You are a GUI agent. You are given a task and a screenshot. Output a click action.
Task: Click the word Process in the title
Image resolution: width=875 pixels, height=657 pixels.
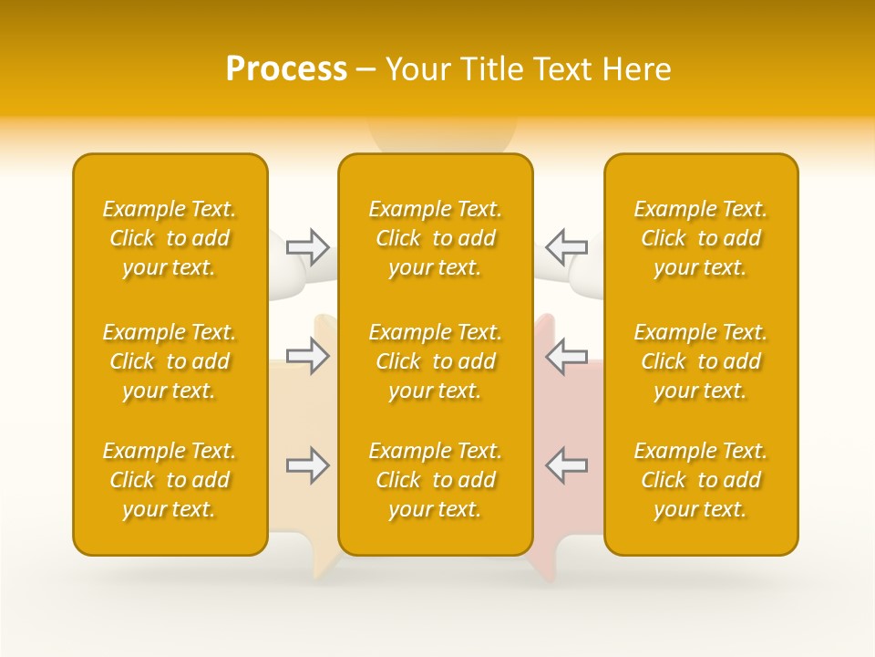(x=286, y=69)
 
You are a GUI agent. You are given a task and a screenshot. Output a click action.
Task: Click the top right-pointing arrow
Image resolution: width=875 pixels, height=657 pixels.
(x=307, y=246)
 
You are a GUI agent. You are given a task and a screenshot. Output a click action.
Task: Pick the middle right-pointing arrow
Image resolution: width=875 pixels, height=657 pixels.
(x=307, y=356)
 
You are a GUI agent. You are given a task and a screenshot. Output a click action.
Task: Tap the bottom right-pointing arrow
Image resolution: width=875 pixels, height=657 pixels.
(x=307, y=465)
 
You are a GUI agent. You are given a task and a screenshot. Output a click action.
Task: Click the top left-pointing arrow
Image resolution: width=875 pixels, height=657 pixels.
(x=566, y=246)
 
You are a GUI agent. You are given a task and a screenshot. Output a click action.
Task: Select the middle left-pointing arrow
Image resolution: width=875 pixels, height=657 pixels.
(x=566, y=356)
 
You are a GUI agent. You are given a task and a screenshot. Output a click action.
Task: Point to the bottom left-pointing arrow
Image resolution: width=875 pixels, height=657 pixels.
(x=566, y=465)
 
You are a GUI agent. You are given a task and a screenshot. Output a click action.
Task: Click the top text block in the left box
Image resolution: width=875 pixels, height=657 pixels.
(x=170, y=238)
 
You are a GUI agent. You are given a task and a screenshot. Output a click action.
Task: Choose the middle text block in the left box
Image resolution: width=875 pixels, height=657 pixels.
(x=170, y=361)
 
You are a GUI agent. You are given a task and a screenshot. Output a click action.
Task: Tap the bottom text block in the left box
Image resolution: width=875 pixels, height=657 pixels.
(x=170, y=480)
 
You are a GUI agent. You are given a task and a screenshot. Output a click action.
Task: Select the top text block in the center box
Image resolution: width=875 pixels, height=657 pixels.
(x=436, y=238)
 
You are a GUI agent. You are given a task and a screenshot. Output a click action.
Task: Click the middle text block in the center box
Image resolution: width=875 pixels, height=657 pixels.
(x=436, y=361)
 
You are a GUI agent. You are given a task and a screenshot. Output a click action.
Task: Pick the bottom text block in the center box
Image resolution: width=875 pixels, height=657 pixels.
(x=436, y=480)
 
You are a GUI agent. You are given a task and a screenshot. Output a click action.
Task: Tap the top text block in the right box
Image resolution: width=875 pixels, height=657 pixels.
(x=701, y=238)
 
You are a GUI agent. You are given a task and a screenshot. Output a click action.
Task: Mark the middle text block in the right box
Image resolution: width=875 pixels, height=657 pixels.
(x=701, y=361)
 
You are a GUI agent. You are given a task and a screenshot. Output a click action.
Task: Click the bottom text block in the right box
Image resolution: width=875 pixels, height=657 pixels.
(x=701, y=480)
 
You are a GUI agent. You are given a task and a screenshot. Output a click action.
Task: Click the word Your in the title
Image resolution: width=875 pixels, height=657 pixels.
(x=415, y=69)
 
